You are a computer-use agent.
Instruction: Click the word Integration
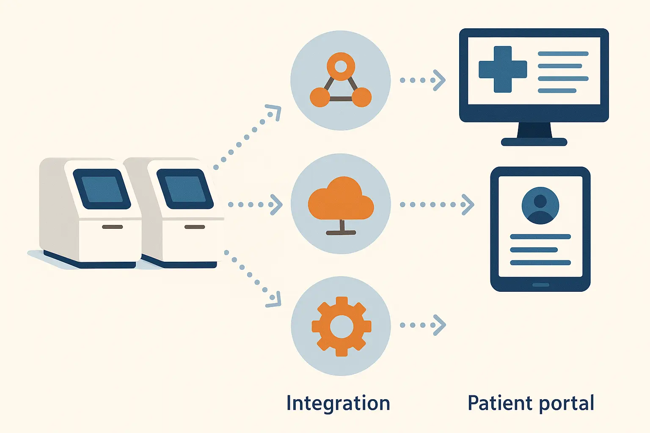pyautogui.click(x=338, y=403)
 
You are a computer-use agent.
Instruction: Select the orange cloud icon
pyautogui.click(x=341, y=199)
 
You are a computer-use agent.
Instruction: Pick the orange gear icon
pyautogui.click(x=341, y=326)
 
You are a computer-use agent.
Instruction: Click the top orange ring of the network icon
pyautogui.click(x=341, y=66)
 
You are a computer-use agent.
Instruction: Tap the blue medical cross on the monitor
pyautogui.click(x=503, y=69)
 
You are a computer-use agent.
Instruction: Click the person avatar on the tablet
pyautogui.click(x=540, y=206)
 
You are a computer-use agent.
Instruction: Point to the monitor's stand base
pyautogui.click(x=534, y=142)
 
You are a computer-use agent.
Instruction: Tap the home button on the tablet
pyautogui.click(x=540, y=285)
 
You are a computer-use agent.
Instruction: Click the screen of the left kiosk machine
pyautogui.click(x=102, y=189)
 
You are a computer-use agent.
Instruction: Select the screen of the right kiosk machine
pyautogui.click(x=185, y=189)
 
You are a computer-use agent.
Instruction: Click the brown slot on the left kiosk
pyautogui.click(x=113, y=227)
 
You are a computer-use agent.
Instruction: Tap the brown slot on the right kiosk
pyautogui.click(x=195, y=227)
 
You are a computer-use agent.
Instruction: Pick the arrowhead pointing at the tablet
pyautogui.click(x=468, y=205)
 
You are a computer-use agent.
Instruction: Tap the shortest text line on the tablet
pyautogui.click(x=534, y=250)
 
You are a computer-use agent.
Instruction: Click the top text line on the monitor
pyautogui.click(x=563, y=54)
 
